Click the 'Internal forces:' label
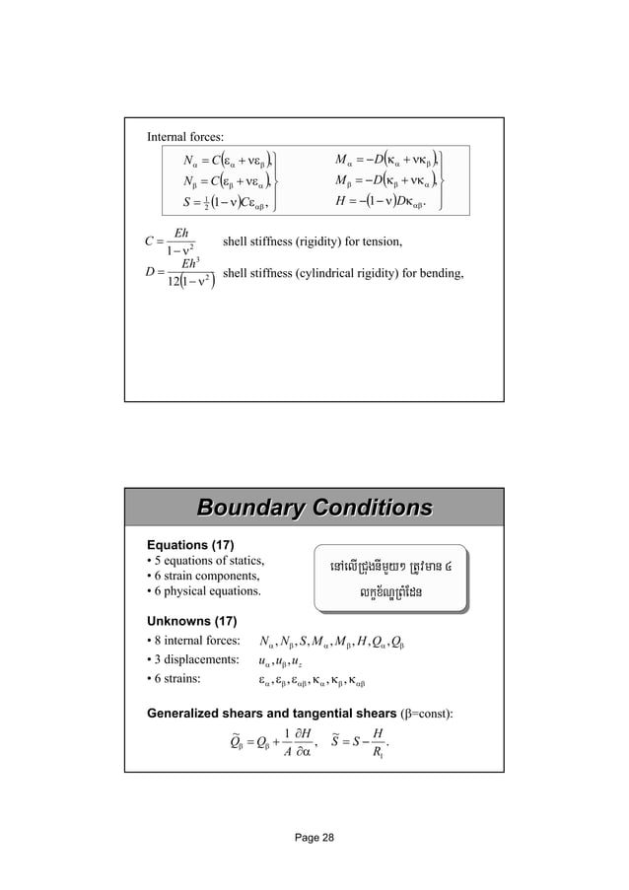coord(184,135)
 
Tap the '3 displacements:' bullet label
coord(189,661)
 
